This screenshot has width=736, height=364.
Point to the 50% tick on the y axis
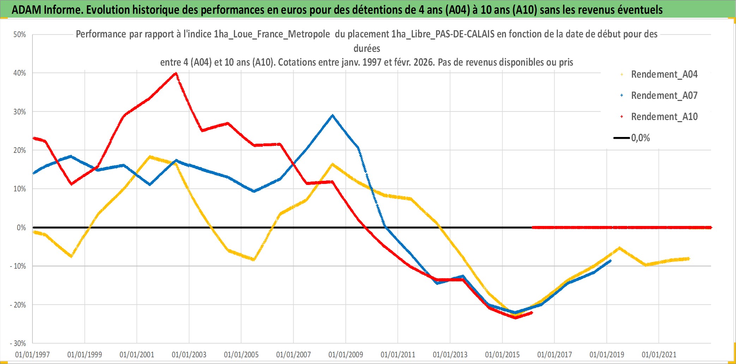pos(20,35)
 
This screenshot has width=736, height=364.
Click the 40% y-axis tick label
pos(20,73)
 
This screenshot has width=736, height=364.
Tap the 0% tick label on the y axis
pos(21,228)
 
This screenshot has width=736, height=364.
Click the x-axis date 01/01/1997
pos(32,354)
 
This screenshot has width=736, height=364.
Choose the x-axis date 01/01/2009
pos(346,354)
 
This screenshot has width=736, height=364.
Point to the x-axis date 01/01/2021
pos(659,354)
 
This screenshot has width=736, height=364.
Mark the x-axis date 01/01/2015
pos(502,354)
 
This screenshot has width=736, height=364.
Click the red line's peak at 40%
pos(176,73)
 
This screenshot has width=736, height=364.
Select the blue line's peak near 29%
pos(332,115)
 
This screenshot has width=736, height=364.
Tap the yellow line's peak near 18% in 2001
pos(150,156)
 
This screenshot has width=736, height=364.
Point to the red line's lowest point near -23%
pos(515,317)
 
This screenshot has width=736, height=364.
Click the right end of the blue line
pos(610,261)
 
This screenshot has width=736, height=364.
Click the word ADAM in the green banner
pos(26,10)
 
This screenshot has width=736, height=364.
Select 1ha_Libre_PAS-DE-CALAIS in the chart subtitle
pos(442,34)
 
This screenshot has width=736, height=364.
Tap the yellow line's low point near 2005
pos(253,259)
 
